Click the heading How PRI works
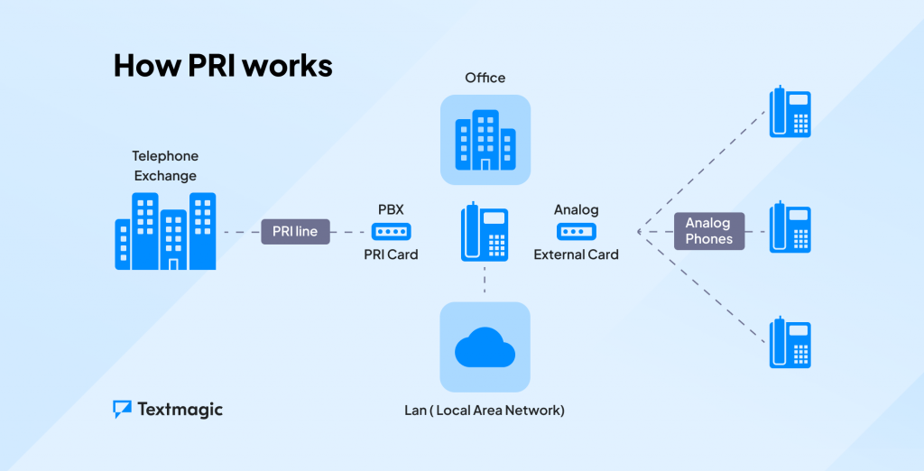[223, 66]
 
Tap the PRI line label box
[295, 232]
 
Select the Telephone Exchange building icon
[165, 231]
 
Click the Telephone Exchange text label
[164, 166]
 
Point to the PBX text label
[391, 209]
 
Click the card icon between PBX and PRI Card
[391, 232]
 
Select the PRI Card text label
[391, 254]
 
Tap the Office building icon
[485, 140]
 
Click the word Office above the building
[485, 78]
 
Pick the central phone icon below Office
[485, 232]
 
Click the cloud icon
[485, 347]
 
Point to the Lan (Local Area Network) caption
[485, 411]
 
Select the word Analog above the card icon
[576, 209]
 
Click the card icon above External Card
[576, 232]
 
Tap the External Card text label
[576, 254]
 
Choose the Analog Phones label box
[708, 231]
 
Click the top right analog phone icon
[790, 112]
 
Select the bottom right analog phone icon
[790, 342]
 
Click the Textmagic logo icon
[123, 410]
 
